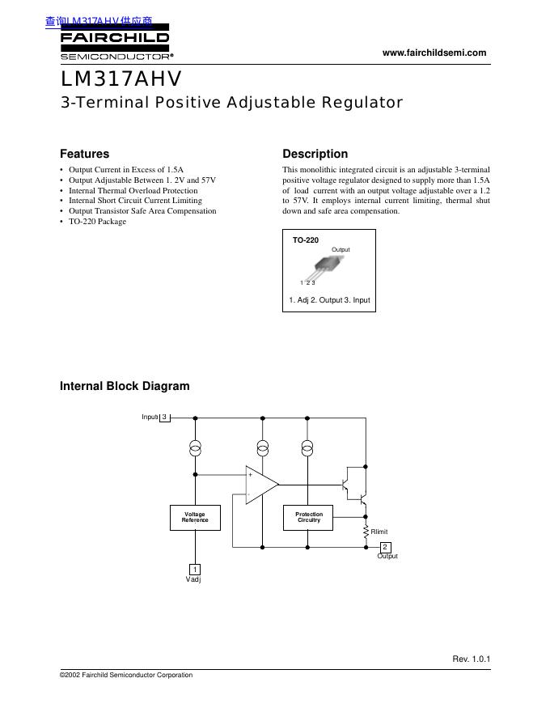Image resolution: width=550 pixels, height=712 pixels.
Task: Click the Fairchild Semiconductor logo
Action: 115,44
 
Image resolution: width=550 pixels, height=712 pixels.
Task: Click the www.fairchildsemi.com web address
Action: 434,53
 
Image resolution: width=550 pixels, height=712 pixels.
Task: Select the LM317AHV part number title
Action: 121,80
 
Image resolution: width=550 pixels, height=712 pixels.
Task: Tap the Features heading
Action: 84,154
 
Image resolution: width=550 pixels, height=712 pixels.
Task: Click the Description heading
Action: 315,154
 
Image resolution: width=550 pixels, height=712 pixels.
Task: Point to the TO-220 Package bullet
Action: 97,221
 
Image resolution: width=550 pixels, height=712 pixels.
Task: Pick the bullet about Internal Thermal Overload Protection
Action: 133,190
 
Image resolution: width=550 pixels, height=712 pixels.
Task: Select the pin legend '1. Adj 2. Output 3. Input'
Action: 329,300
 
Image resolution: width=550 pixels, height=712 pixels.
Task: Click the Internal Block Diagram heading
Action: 125,386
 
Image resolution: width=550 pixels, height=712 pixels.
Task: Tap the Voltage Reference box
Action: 195,517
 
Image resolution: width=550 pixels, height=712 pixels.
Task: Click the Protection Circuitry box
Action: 308,517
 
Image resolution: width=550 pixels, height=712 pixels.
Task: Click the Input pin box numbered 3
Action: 164,417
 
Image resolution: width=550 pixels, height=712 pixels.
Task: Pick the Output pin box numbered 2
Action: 385,547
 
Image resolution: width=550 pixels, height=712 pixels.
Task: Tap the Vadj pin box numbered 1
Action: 195,570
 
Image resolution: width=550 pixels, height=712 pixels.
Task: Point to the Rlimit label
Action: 379,532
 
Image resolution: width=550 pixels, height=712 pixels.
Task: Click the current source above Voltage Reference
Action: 195,447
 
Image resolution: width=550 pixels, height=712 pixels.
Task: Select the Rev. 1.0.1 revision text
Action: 471,659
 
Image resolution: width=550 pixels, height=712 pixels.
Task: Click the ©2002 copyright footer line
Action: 126,676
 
